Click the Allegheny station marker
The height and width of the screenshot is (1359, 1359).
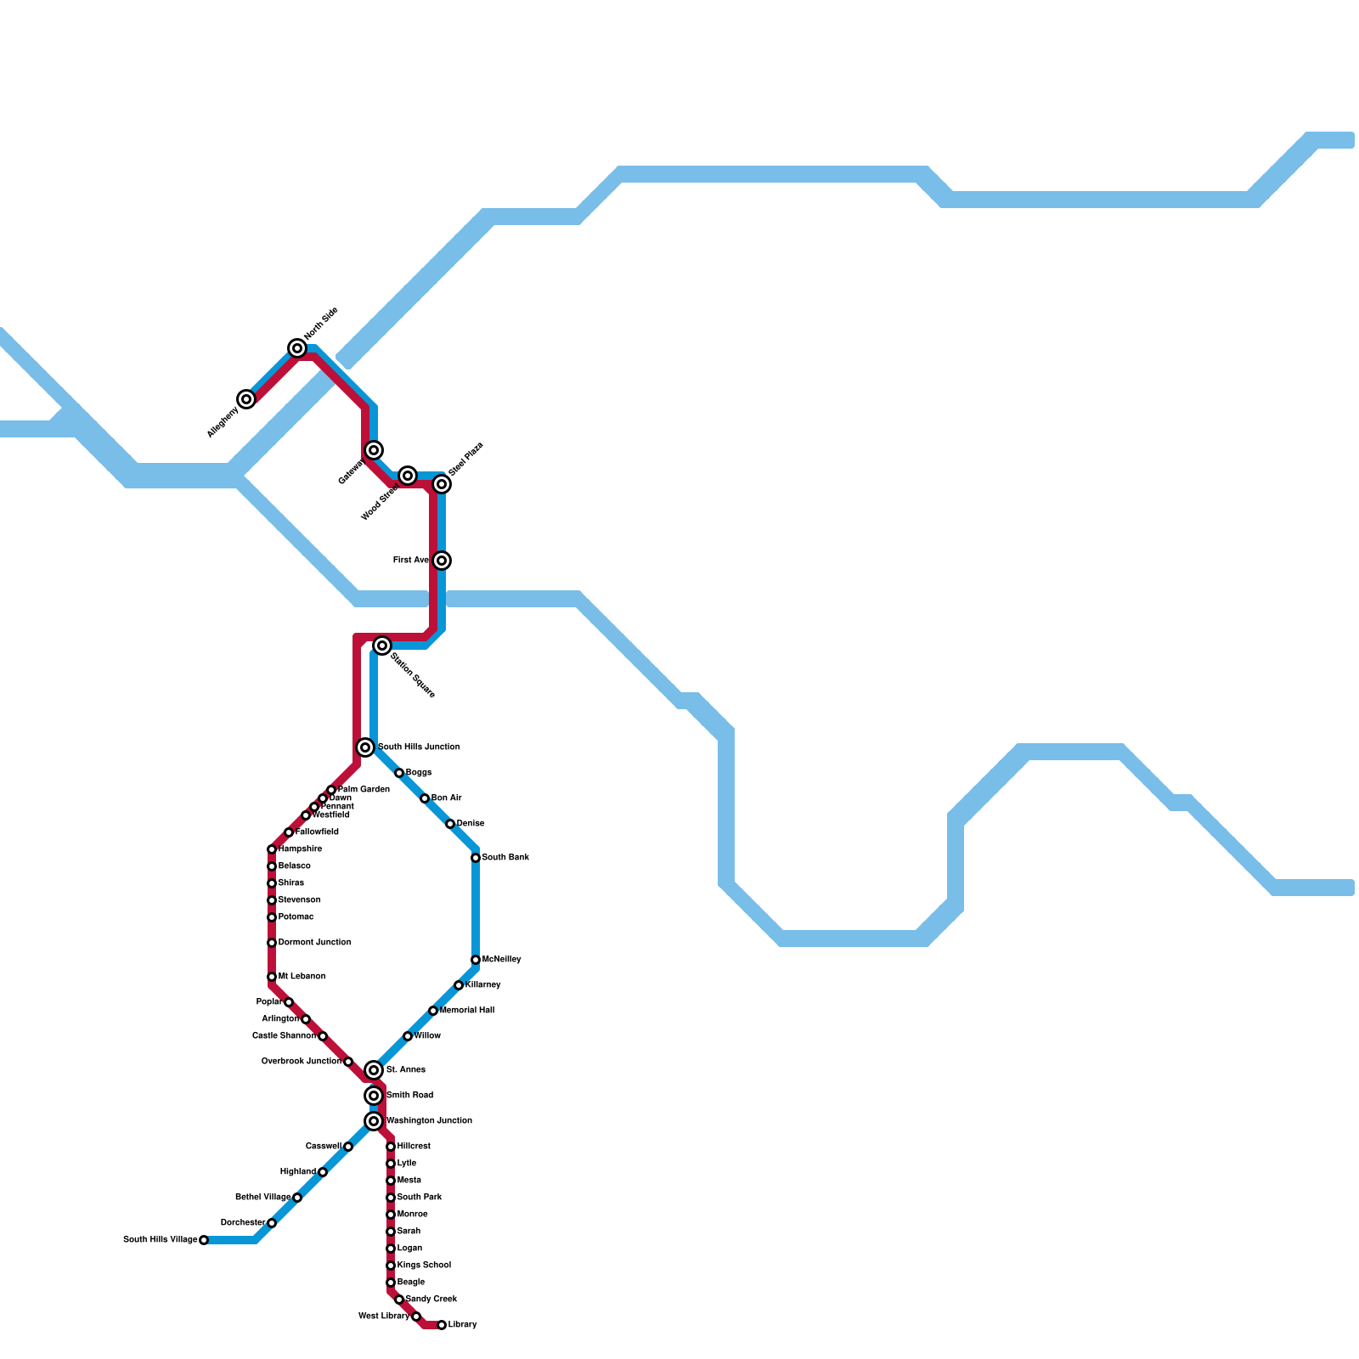[246, 399]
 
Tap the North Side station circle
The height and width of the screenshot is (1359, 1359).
[297, 348]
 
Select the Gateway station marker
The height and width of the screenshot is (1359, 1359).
[374, 450]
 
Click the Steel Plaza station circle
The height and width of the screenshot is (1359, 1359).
[442, 484]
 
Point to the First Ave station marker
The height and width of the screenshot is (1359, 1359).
[442, 561]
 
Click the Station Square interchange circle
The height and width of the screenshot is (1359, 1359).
[382, 646]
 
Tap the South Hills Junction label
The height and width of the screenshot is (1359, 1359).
[419, 747]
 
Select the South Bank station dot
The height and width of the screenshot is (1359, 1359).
[476, 858]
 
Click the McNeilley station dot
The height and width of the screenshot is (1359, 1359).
[476, 960]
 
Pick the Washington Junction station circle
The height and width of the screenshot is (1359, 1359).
[374, 1121]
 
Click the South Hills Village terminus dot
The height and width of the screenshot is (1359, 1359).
[204, 1240]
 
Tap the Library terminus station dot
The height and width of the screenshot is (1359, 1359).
[442, 1325]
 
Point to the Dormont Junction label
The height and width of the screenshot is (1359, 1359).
[314, 943]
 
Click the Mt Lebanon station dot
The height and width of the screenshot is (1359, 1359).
[272, 977]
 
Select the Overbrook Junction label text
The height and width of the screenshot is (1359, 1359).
[302, 1062]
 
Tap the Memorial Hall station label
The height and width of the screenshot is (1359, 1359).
[467, 1011]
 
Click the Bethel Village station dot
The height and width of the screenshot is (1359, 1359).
[297, 1198]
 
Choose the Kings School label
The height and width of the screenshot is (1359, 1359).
[424, 1266]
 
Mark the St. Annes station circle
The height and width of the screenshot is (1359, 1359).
[374, 1070]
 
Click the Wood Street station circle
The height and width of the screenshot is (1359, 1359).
[408, 476]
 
